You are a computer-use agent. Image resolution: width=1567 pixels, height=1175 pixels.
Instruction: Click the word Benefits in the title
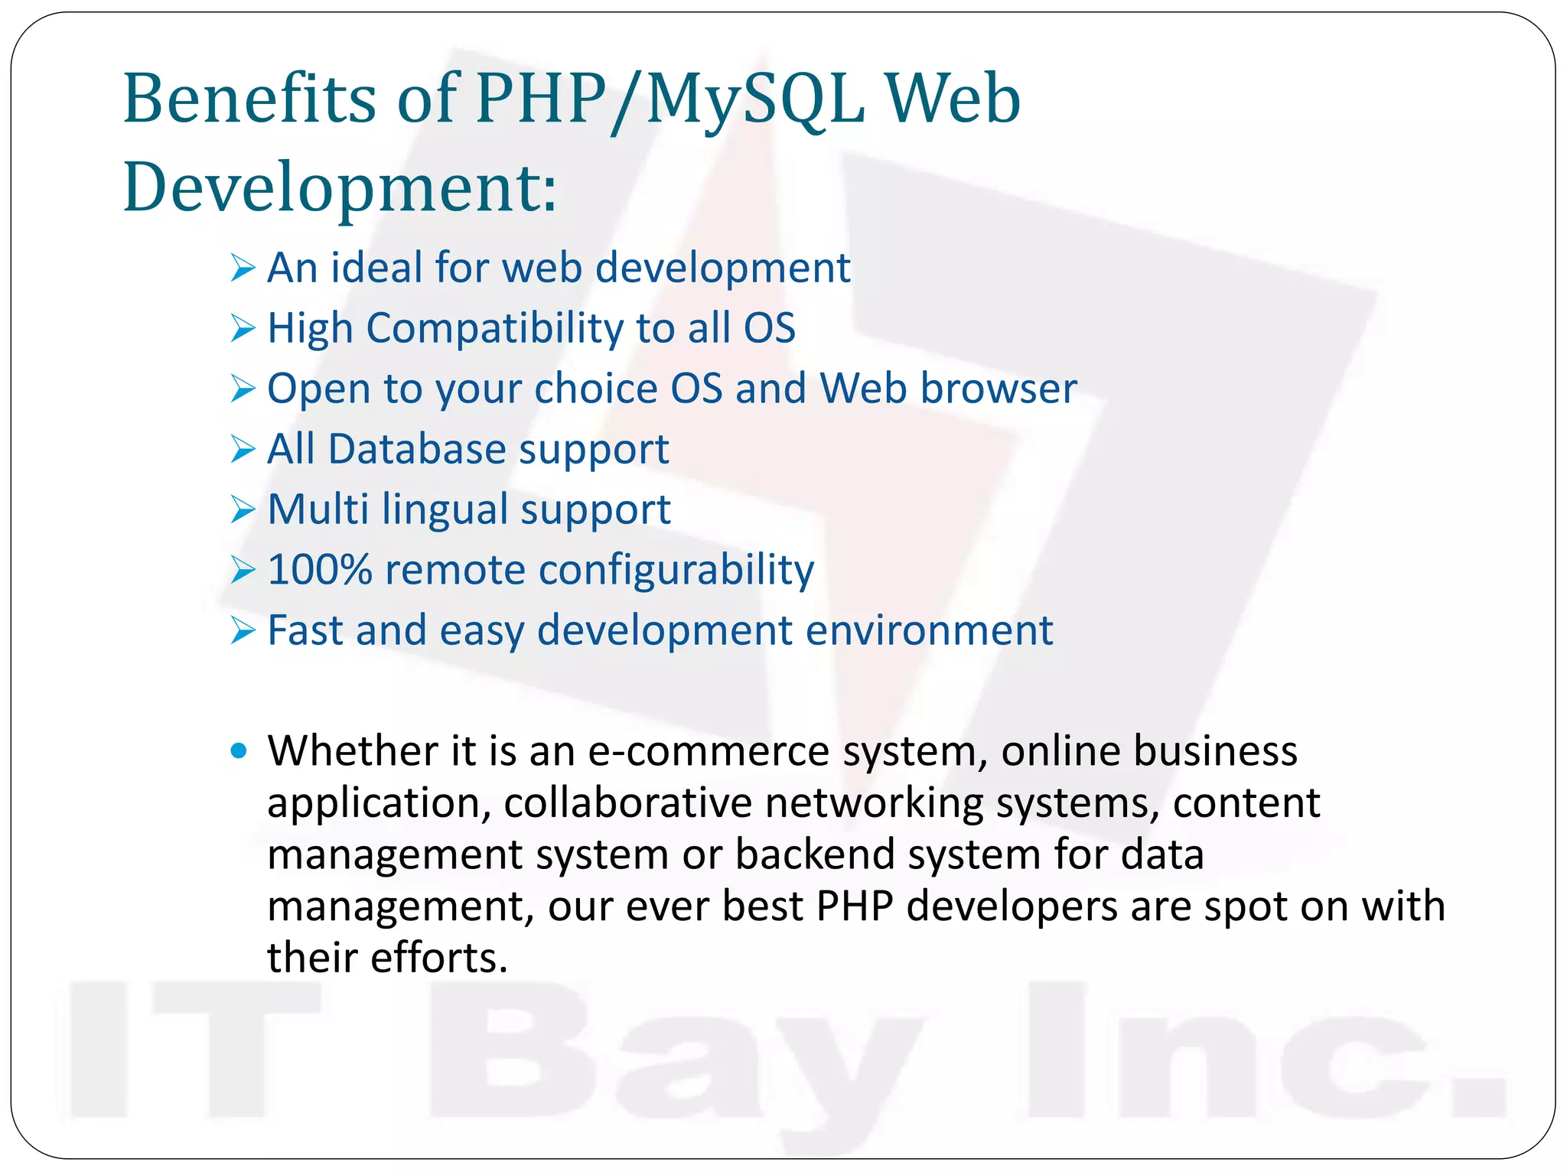[249, 99]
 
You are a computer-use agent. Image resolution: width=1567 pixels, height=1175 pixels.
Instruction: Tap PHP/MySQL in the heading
[669, 100]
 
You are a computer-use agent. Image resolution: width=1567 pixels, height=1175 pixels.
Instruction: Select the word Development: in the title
[340, 187]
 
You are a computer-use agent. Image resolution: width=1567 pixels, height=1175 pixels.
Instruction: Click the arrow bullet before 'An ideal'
[242, 269]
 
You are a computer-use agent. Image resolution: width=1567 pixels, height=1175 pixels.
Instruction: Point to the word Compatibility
[495, 329]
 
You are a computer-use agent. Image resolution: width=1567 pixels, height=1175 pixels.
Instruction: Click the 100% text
[320, 570]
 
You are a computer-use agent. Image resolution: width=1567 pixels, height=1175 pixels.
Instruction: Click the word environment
[929, 630]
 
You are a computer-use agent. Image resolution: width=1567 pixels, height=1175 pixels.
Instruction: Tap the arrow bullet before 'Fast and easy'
[242, 631]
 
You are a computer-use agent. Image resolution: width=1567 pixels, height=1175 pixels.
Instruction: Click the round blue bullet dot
[239, 751]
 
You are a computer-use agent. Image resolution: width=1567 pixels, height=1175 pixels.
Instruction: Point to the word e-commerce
[709, 751]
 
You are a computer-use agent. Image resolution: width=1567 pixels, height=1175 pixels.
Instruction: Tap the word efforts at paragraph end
[439, 958]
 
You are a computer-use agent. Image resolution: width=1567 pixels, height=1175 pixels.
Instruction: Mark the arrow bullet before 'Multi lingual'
[242, 510]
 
